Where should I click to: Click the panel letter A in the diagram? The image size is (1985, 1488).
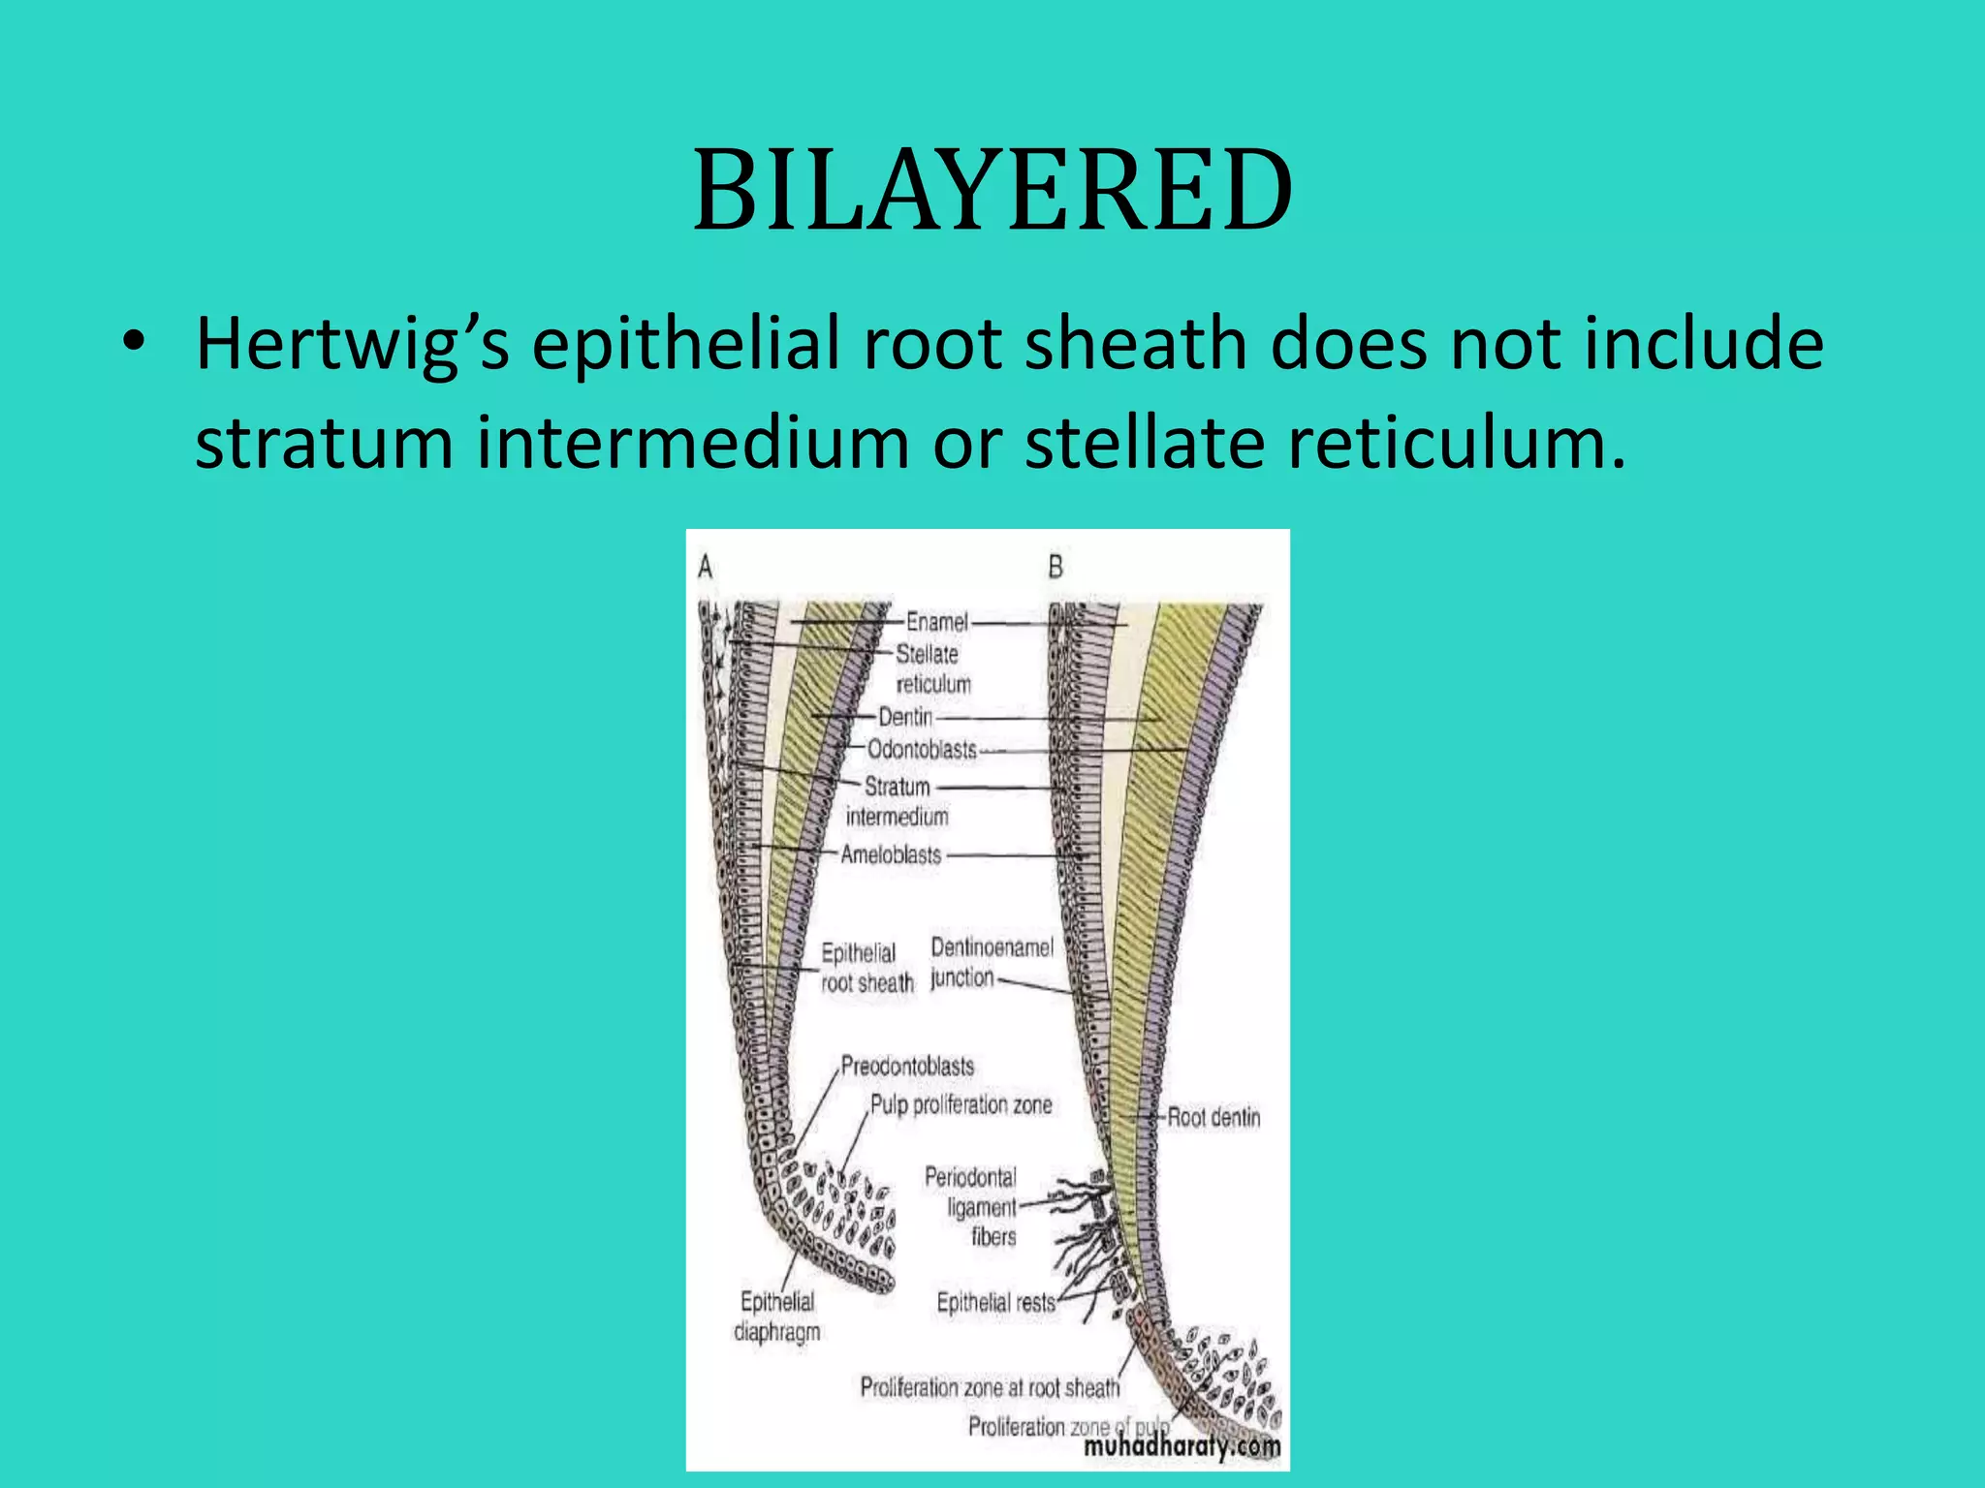(x=706, y=567)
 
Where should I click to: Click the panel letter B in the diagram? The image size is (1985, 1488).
(x=1056, y=567)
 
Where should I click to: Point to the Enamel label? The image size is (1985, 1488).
(x=936, y=622)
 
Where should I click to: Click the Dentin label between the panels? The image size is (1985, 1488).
(x=905, y=717)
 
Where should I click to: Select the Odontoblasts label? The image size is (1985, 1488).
(x=922, y=750)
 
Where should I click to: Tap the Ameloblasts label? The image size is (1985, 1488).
(x=891, y=854)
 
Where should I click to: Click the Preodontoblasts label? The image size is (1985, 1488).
(x=907, y=1067)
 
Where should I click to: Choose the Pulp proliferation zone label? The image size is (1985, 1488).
(x=961, y=1104)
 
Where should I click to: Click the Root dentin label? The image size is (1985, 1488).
(x=1213, y=1117)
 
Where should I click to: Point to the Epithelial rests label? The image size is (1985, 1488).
(x=995, y=1303)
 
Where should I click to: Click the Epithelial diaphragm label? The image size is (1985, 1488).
(x=777, y=1317)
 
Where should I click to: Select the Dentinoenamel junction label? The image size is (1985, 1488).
(x=991, y=962)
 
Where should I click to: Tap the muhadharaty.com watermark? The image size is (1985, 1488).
(x=1182, y=1447)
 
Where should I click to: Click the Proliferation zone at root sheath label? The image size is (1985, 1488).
(x=990, y=1388)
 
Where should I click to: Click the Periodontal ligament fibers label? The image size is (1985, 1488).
(x=972, y=1207)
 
